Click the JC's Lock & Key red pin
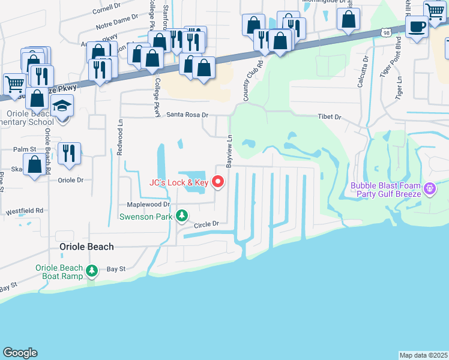218,181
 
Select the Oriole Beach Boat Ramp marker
92,271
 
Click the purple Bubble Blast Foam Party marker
429,190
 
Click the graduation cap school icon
62,106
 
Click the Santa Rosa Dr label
187,115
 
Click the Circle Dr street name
205,224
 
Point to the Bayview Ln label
229,151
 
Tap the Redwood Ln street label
119,145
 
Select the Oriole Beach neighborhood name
87,247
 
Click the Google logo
20,353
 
